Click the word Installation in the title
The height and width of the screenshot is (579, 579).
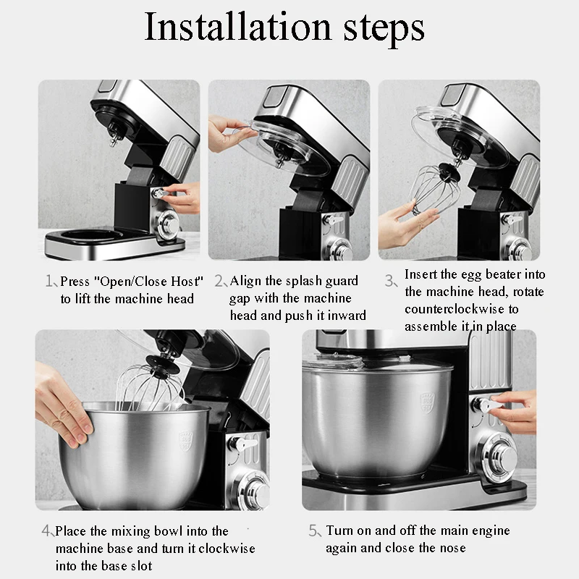coord(238,27)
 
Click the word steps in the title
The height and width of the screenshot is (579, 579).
coord(384,30)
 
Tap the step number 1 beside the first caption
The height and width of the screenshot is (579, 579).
coord(49,281)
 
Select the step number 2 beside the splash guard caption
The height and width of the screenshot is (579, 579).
coord(219,281)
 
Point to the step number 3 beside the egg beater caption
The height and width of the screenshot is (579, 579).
coord(389,281)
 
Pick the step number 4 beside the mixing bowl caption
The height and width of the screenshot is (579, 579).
coord(47,531)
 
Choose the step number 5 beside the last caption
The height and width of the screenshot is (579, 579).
coord(314,531)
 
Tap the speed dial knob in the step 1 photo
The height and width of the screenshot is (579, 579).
coord(168,224)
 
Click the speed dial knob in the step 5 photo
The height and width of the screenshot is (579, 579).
coord(501,458)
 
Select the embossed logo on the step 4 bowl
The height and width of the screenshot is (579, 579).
coord(186,441)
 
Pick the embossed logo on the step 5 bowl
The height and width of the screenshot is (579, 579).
coord(427,403)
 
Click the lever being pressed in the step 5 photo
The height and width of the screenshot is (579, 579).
coord(486,405)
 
